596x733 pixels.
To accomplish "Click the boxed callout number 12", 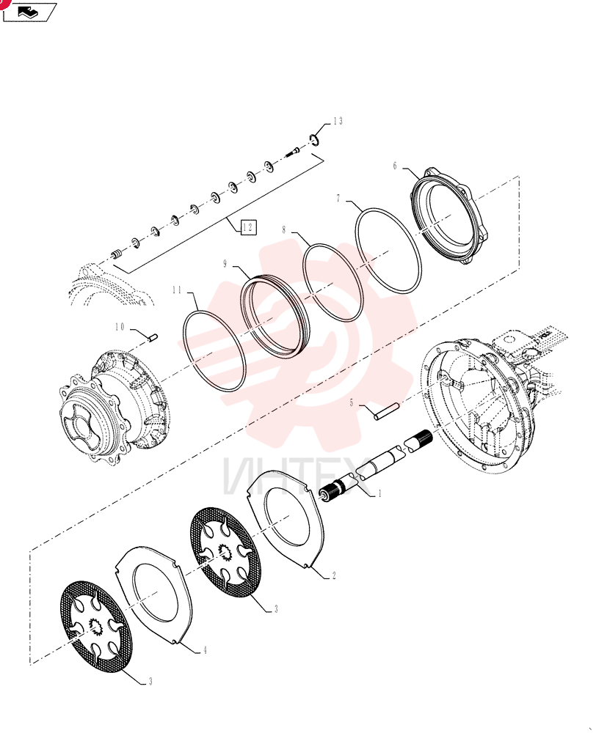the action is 248,227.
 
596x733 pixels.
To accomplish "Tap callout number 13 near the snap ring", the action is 338,122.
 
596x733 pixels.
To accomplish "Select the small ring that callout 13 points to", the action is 314,139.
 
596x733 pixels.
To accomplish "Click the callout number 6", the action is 395,166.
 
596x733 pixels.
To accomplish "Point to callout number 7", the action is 338,199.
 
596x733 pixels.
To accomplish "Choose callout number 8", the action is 284,230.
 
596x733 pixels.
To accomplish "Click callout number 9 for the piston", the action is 225,264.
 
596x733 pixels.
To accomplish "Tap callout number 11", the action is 176,290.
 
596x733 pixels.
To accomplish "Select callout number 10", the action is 120,327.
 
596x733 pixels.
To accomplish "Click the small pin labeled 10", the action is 153,337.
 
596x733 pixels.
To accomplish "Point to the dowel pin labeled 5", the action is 387,412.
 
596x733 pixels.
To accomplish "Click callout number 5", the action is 352,402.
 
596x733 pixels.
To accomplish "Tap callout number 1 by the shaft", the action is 379,493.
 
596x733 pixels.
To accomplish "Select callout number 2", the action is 334,576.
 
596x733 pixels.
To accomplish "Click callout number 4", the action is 205,650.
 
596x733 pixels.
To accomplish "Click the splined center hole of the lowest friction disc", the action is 98,627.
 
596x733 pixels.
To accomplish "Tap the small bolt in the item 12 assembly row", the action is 292,152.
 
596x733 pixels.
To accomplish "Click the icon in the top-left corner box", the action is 28,12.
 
